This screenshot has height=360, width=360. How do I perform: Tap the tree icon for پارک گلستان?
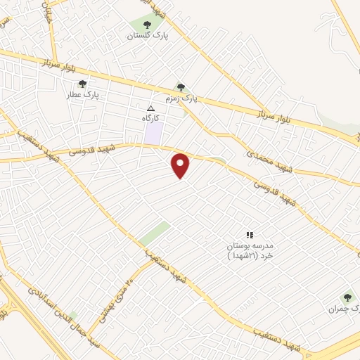(147, 25)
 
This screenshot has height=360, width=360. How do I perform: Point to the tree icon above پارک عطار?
(83, 84)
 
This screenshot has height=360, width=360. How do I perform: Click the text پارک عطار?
(83, 94)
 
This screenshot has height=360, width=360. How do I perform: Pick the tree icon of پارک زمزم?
(181, 87)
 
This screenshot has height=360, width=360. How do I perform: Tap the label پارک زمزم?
(182, 99)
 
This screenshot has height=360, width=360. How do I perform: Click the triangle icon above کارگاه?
(150, 108)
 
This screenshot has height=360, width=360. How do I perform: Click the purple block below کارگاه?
(154, 133)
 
